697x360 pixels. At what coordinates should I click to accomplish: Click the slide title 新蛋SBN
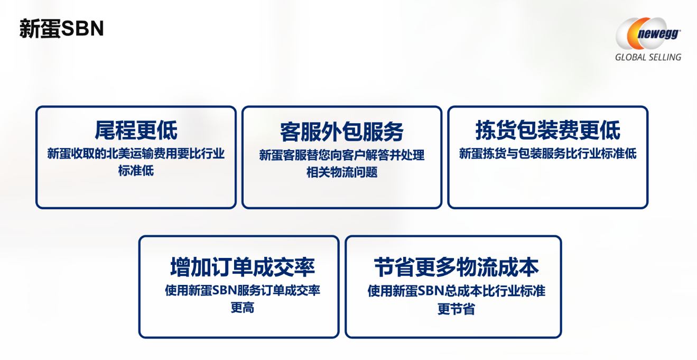[x=61, y=29]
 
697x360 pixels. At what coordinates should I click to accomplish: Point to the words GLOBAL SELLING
[x=648, y=57]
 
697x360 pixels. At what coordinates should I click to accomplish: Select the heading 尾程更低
[x=136, y=130]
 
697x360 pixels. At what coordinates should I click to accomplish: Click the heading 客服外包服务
[x=341, y=132]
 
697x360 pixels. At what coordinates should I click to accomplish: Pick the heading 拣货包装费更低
[x=547, y=130]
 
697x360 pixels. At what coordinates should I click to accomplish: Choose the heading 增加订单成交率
[x=242, y=267]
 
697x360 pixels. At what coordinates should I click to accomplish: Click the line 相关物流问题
[x=341, y=172]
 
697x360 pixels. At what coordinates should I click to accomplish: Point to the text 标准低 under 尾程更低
[x=136, y=171]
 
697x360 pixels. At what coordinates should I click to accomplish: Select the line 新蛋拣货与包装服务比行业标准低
[x=547, y=154]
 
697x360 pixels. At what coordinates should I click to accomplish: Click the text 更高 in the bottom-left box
[x=242, y=307]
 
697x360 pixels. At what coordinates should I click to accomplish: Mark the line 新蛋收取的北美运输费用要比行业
[x=136, y=154]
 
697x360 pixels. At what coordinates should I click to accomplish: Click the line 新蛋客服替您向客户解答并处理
[x=341, y=155]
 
